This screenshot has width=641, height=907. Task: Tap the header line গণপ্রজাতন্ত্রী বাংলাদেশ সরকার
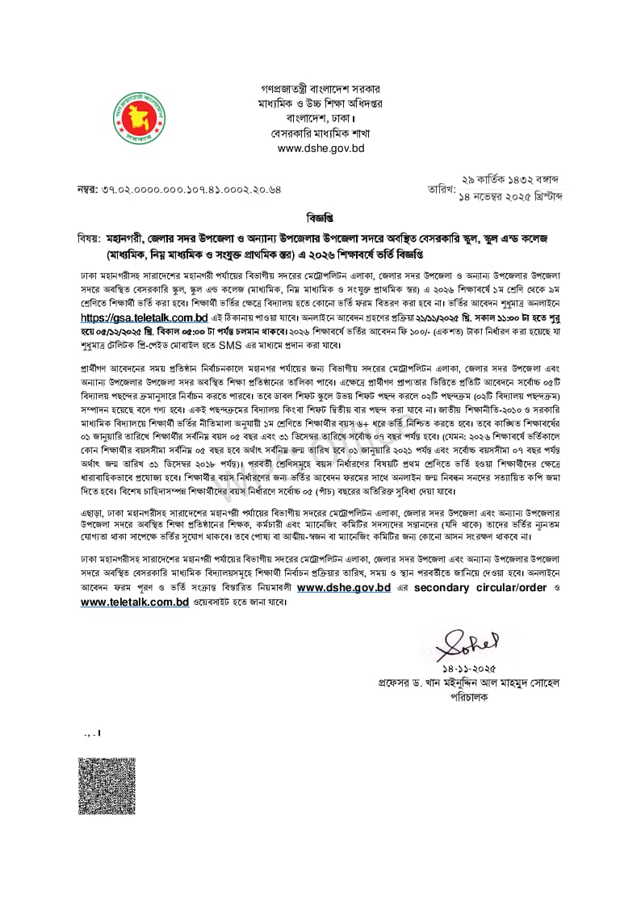click(320, 88)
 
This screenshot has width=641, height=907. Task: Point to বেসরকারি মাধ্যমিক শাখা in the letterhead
click(320, 133)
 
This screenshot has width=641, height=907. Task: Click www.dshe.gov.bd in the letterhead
click(320, 149)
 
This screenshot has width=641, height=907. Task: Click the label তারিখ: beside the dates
click(442, 188)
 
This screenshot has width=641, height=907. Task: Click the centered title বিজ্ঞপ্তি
click(320, 219)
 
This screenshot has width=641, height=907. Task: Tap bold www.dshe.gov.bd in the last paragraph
click(344, 589)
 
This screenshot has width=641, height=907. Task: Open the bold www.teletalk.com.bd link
click(135, 603)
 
